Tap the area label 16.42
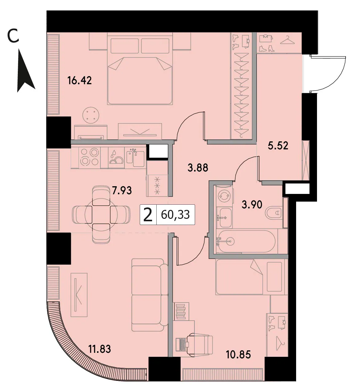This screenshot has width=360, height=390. (x=80, y=81)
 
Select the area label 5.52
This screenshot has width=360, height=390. (x=278, y=146)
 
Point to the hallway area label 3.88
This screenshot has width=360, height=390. (x=198, y=168)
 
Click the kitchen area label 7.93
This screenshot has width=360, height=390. (x=122, y=191)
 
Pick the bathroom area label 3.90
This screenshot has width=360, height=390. (x=252, y=205)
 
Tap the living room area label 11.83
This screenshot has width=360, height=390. (x=100, y=349)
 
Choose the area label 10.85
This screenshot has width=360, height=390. (x=238, y=355)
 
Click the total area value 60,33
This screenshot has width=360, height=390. (x=175, y=215)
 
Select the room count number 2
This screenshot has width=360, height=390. (x=148, y=215)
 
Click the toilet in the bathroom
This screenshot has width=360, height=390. (x=274, y=212)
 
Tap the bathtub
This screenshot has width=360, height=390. (x=247, y=241)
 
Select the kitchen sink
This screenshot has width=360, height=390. (x=136, y=157)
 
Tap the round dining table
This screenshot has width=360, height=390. (x=101, y=215)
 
